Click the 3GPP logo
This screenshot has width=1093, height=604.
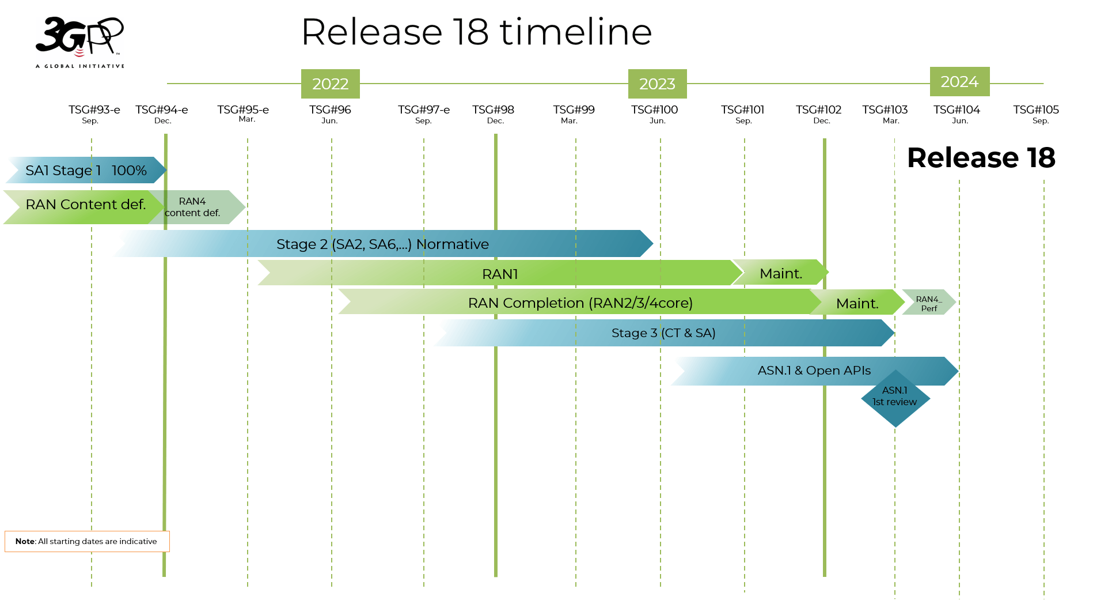tap(79, 41)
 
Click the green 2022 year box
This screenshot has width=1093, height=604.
tap(330, 84)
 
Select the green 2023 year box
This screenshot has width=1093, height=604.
tap(657, 84)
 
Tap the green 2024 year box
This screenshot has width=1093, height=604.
tap(959, 82)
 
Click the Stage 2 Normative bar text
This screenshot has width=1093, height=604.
tap(382, 244)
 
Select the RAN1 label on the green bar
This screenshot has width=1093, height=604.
tap(500, 274)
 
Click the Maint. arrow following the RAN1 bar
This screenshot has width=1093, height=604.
tap(781, 273)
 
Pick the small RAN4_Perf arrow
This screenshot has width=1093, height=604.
tap(928, 303)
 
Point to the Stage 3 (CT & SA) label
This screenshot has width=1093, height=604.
tap(663, 333)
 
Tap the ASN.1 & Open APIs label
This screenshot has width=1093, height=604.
tap(814, 371)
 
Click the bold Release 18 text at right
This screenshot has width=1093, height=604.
tap(981, 158)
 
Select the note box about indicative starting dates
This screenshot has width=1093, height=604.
tap(86, 541)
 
